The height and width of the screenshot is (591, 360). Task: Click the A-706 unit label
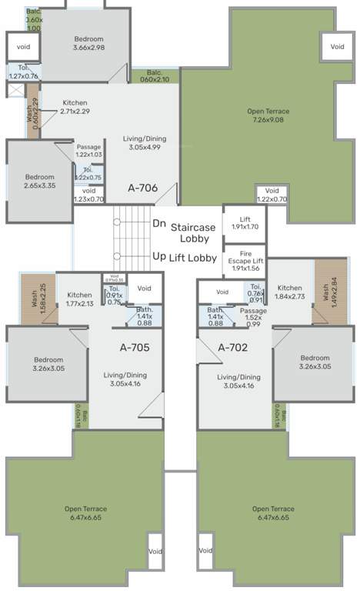click(x=142, y=186)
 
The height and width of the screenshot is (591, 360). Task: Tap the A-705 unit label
click(x=134, y=347)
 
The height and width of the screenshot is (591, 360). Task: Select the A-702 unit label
click(x=232, y=347)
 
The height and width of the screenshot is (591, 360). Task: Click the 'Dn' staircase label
click(x=159, y=223)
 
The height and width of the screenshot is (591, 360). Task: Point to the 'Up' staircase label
click(x=159, y=256)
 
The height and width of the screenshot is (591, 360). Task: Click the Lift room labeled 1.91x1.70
click(x=245, y=223)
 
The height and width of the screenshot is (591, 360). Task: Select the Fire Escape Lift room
click(x=245, y=261)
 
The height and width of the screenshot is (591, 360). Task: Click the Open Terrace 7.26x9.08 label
click(x=265, y=115)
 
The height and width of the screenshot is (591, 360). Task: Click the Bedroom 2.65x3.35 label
click(x=39, y=181)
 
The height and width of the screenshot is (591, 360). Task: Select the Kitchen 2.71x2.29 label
click(x=75, y=107)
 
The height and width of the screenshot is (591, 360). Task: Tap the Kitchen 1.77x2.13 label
click(x=79, y=299)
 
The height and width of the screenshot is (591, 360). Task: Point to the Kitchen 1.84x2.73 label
click(x=290, y=292)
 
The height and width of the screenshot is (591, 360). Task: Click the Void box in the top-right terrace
click(x=337, y=47)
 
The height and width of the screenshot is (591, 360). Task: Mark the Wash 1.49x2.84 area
click(x=325, y=292)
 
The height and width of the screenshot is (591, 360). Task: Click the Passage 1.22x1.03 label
click(x=88, y=151)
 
